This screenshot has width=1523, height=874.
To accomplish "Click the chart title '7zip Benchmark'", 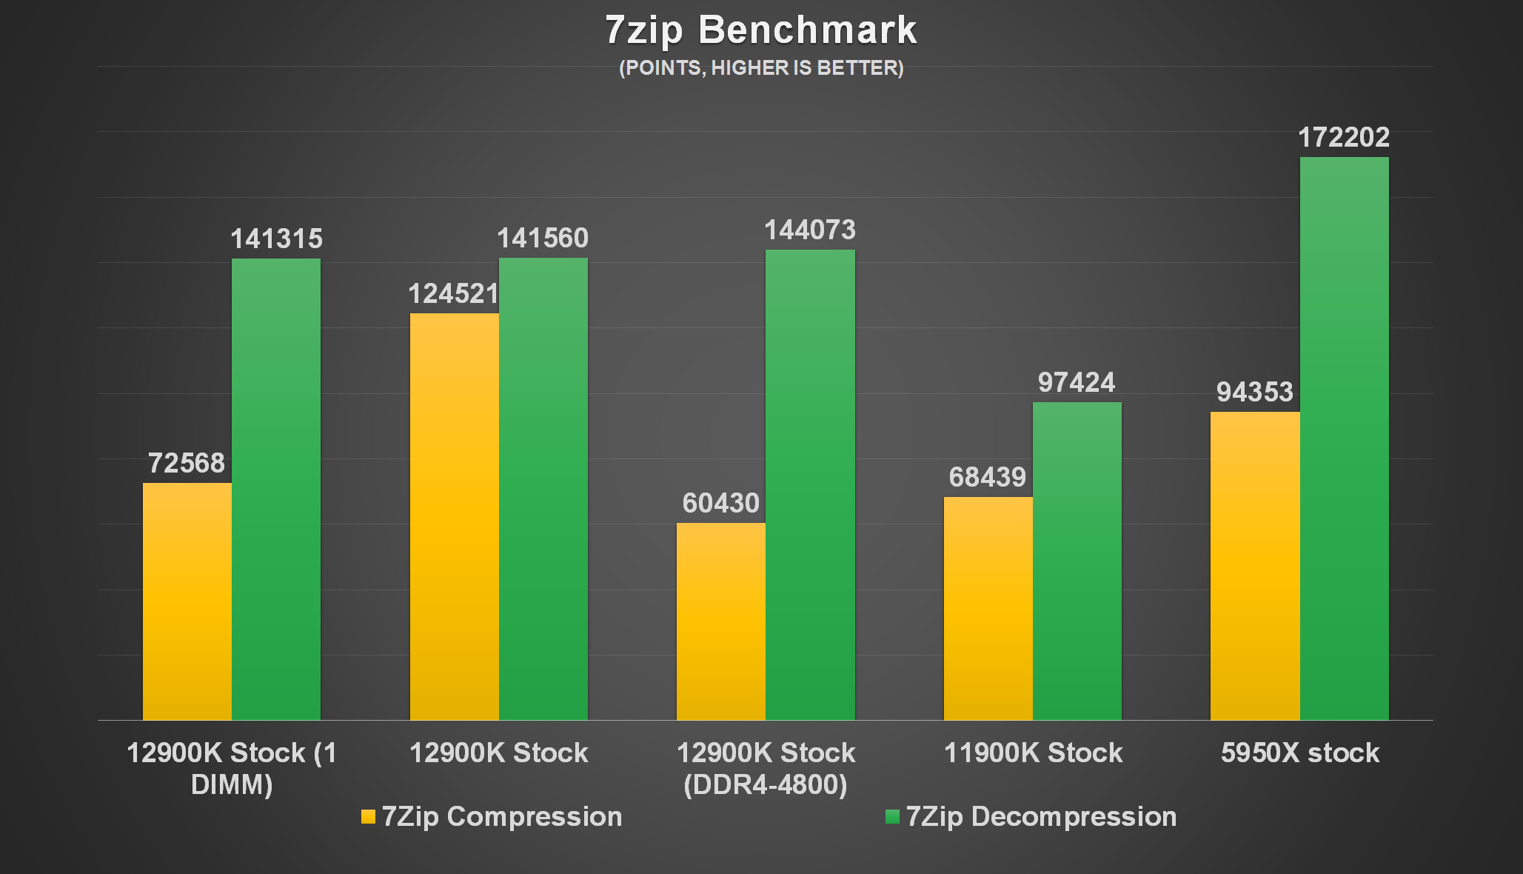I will pyautogui.click(x=761, y=30).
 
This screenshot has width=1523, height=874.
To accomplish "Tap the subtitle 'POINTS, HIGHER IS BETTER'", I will pyautogui.click(x=761, y=68).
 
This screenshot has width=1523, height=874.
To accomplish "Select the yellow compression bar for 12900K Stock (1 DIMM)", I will pyautogui.click(x=187, y=601).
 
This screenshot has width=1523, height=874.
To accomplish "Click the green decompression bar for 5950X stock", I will pyautogui.click(x=1344, y=438).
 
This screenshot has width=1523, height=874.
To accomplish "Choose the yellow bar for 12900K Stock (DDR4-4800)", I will pyautogui.click(x=720, y=621).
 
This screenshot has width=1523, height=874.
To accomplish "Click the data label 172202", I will pyautogui.click(x=1344, y=138).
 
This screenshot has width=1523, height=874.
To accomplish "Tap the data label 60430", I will pyautogui.click(x=720, y=504).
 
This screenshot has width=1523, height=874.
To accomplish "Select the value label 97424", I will pyautogui.click(x=1077, y=383).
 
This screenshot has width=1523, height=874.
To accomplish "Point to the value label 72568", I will pyautogui.click(x=187, y=464).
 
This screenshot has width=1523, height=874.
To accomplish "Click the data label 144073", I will pyautogui.click(x=810, y=230).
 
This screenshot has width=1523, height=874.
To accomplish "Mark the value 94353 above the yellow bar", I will pyautogui.click(x=1254, y=393).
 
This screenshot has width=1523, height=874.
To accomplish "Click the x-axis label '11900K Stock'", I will pyautogui.click(x=1033, y=753).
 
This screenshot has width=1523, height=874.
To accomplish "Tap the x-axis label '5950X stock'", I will pyautogui.click(x=1300, y=753).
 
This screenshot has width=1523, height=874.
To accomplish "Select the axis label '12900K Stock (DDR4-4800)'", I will pyautogui.click(x=766, y=769).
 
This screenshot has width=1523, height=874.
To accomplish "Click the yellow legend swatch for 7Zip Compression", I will pyautogui.click(x=368, y=817).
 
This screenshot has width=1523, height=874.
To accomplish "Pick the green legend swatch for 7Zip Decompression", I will pyautogui.click(x=892, y=817).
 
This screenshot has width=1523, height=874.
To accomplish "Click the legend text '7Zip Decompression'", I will pyautogui.click(x=1041, y=817).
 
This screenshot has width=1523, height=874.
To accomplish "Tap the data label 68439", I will pyautogui.click(x=988, y=478).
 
